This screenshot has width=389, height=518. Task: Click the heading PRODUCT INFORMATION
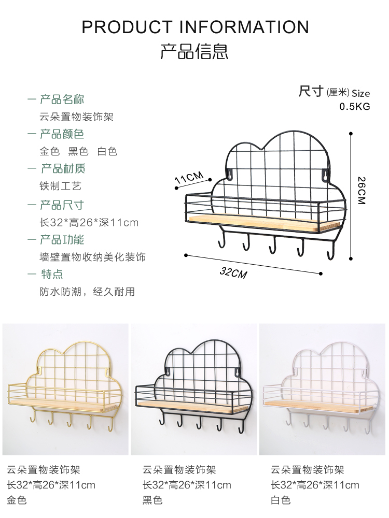[195, 27]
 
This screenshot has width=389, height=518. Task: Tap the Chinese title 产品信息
[195, 51]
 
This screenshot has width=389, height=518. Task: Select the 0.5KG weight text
[354, 107]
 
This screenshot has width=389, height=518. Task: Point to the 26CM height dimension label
[362, 191]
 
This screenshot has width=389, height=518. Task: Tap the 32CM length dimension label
[233, 272]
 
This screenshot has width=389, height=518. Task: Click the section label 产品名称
[62, 99]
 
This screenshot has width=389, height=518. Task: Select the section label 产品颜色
[62, 134]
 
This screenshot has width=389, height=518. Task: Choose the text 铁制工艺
[61, 186]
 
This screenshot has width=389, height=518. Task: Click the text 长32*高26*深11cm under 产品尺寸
[89, 223]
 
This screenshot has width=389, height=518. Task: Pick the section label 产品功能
[62, 239]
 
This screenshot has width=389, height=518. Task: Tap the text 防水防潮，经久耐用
[87, 292]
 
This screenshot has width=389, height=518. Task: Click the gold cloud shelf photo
[65, 390]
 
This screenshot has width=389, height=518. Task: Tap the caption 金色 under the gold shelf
[17, 500]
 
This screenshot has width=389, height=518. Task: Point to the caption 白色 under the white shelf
[281, 500]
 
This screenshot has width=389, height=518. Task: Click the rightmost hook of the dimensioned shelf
[329, 252]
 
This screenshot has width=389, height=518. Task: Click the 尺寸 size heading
[311, 92]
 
